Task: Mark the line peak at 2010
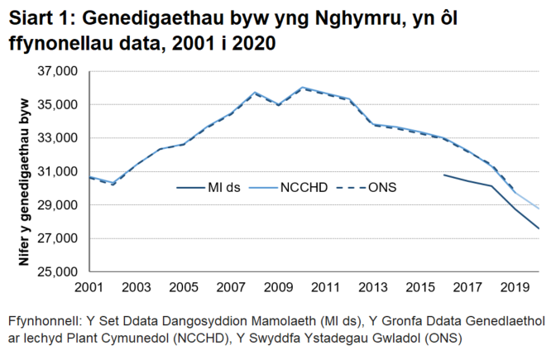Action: coord(302,87)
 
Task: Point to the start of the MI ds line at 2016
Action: coord(443,175)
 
